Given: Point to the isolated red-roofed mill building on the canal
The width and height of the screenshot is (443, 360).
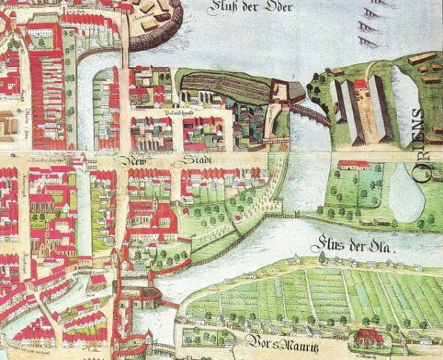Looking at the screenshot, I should tap(98, 280).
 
